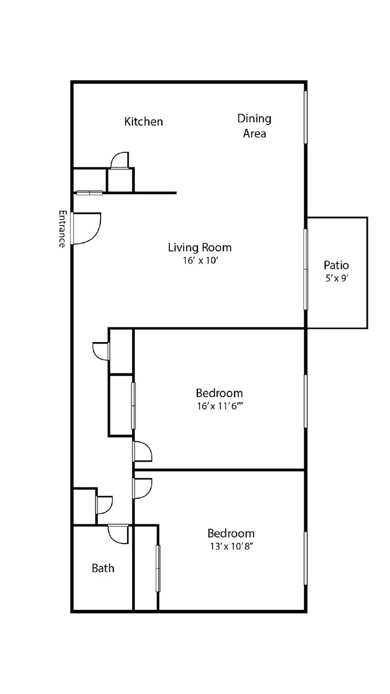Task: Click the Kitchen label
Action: tap(143, 121)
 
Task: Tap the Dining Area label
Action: tap(254, 126)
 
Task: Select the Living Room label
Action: tap(200, 248)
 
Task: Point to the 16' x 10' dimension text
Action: tap(201, 261)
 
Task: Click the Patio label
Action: tap(336, 265)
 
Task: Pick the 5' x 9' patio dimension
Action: tap(337, 278)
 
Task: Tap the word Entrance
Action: tap(62, 229)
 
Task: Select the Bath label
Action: tap(103, 568)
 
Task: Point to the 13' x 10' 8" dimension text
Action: tap(231, 546)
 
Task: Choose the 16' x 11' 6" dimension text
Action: tap(220, 406)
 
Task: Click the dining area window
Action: tap(305, 117)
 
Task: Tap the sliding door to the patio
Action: tap(305, 269)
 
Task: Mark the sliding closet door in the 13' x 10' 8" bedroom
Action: tap(158, 568)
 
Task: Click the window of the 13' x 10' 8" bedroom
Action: tap(305, 558)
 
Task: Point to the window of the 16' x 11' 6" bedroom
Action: tap(305, 402)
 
